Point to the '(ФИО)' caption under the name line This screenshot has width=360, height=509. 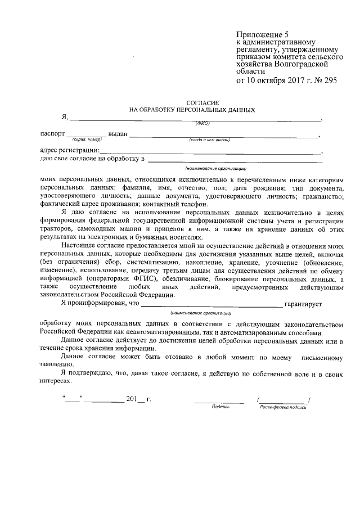(x=202, y=123)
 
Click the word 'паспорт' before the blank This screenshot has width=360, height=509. (x=52, y=134)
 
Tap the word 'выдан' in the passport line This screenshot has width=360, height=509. (x=118, y=134)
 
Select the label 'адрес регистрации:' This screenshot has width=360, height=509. (x=70, y=150)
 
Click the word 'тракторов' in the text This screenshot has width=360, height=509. (x=56, y=229)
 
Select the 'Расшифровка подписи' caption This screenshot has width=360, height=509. (x=283, y=406)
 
